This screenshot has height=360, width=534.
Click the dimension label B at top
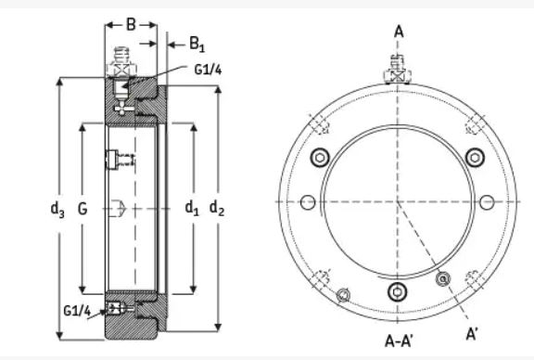tap(131, 24)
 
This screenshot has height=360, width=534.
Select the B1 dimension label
tap(197, 45)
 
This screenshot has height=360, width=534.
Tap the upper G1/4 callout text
tap(208, 70)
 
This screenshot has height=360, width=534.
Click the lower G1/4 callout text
tap(77, 311)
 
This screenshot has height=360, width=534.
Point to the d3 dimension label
tap(57, 209)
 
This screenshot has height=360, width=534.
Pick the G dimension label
tap(83, 209)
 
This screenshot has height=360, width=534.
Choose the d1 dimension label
tap(192, 208)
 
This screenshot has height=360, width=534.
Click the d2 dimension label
tap(217, 208)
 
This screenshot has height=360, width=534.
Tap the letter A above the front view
tap(399, 32)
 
